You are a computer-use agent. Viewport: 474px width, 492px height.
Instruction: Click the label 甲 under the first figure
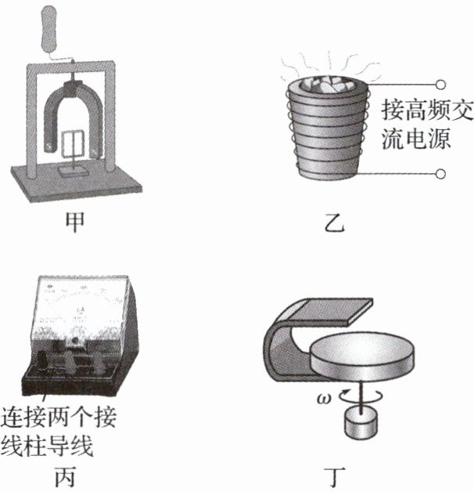coord(75,222)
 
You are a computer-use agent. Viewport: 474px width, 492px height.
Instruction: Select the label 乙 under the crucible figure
coord(334,222)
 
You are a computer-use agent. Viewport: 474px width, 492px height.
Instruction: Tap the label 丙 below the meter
coord(65,477)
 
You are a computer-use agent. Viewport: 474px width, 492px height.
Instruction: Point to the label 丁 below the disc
coord(335,477)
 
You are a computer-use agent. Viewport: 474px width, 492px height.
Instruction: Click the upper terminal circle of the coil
coord(440,85)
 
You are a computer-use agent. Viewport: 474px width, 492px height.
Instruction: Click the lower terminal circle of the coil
coord(440,174)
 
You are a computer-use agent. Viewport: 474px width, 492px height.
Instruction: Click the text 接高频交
coord(427,110)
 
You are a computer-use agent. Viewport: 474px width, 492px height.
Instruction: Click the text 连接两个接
coord(58,418)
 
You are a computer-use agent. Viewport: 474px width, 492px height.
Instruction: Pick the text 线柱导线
coord(47,446)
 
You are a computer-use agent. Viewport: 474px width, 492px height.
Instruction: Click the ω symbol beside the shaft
coord(324,399)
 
